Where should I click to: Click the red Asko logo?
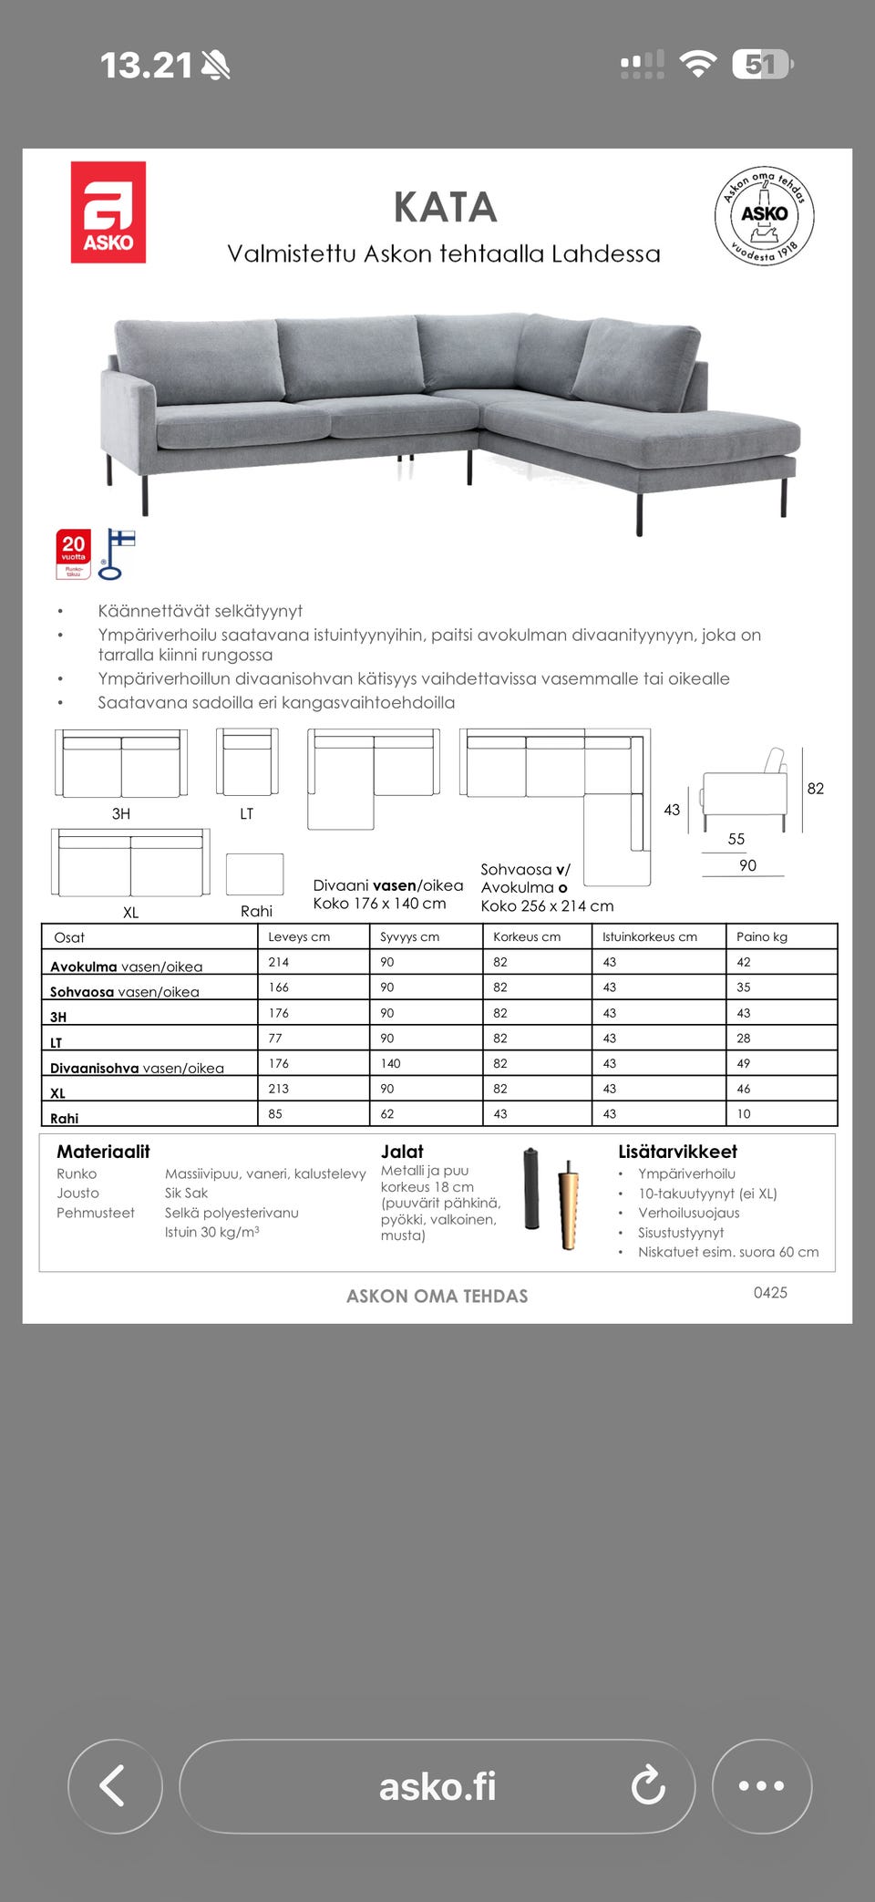pyautogui.click(x=108, y=212)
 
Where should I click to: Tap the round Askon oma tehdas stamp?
pyautogui.click(x=764, y=216)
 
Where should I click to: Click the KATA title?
pyautogui.click(x=445, y=207)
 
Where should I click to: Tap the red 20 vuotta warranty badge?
pyautogui.click(x=74, y=554)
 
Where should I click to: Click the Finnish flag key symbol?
pyautogui.click(x=116, y=553)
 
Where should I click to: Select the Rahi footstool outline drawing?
pyautogui.click(x=254, y=874)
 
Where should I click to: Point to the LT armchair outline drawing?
pyautogui.click(x=247, y=762)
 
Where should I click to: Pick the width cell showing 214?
pyautogui.click(x=279, y=962)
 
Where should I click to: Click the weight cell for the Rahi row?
pyautogui.click(x=744, y=1113)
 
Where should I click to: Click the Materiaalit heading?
pyautogui.click(x=103, y=1152)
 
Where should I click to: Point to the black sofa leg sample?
pyautogui.click(x=531, y=1190)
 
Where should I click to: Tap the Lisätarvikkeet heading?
pyautogui.click(x=677, y=1152)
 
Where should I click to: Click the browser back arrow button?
pyautogui.click(x=115, y=1785)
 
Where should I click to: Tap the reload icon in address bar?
pyautogui.click(x=648, y=1785)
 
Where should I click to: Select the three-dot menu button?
pyautogui.click(x=761, y=1785)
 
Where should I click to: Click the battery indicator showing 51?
pyautogui.click(x=762, y=65)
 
